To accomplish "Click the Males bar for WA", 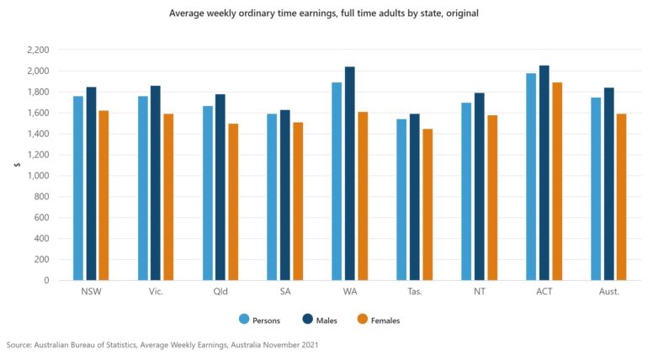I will (350, 173).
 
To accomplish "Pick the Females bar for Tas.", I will (428, 204).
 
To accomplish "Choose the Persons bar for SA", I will (272, 197).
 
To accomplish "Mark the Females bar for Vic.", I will (168, 197).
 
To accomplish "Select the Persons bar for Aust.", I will (596, 189).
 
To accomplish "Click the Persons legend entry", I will (259, 320).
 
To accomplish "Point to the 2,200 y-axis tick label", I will (38, 50).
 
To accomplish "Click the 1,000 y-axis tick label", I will (38, 176).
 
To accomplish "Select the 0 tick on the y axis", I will (45, 281).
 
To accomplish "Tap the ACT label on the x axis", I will (544, 292).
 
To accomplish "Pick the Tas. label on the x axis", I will (415, 292).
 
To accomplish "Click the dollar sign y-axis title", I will (17, 165).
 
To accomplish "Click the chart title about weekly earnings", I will (324, 13).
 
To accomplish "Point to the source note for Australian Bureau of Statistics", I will (162, 345).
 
